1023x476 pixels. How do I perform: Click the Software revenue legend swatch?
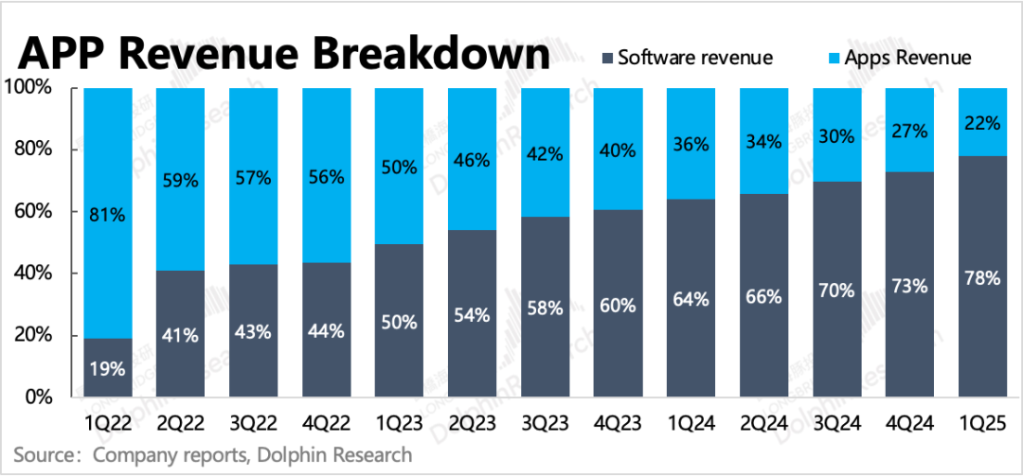(x=603, y=58)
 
